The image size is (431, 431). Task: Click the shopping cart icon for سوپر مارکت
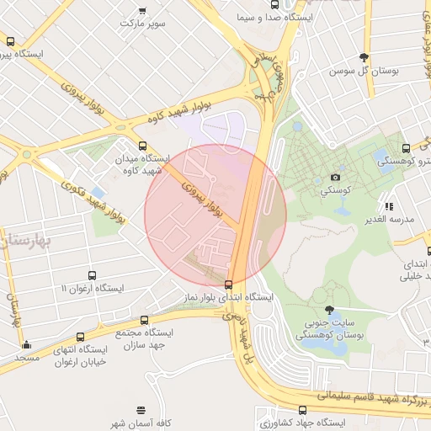tap(142, 11)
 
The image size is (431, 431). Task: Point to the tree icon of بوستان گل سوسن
tap(364, 57)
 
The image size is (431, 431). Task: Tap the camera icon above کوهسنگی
tap(335, 178)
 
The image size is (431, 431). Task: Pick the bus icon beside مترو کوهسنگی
tap(407, 148)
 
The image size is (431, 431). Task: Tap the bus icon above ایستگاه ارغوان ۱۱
tap(92, 275)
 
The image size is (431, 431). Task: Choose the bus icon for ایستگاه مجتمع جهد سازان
tap(144, 320)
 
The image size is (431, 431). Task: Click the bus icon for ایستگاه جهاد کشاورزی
tap(301, 409)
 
